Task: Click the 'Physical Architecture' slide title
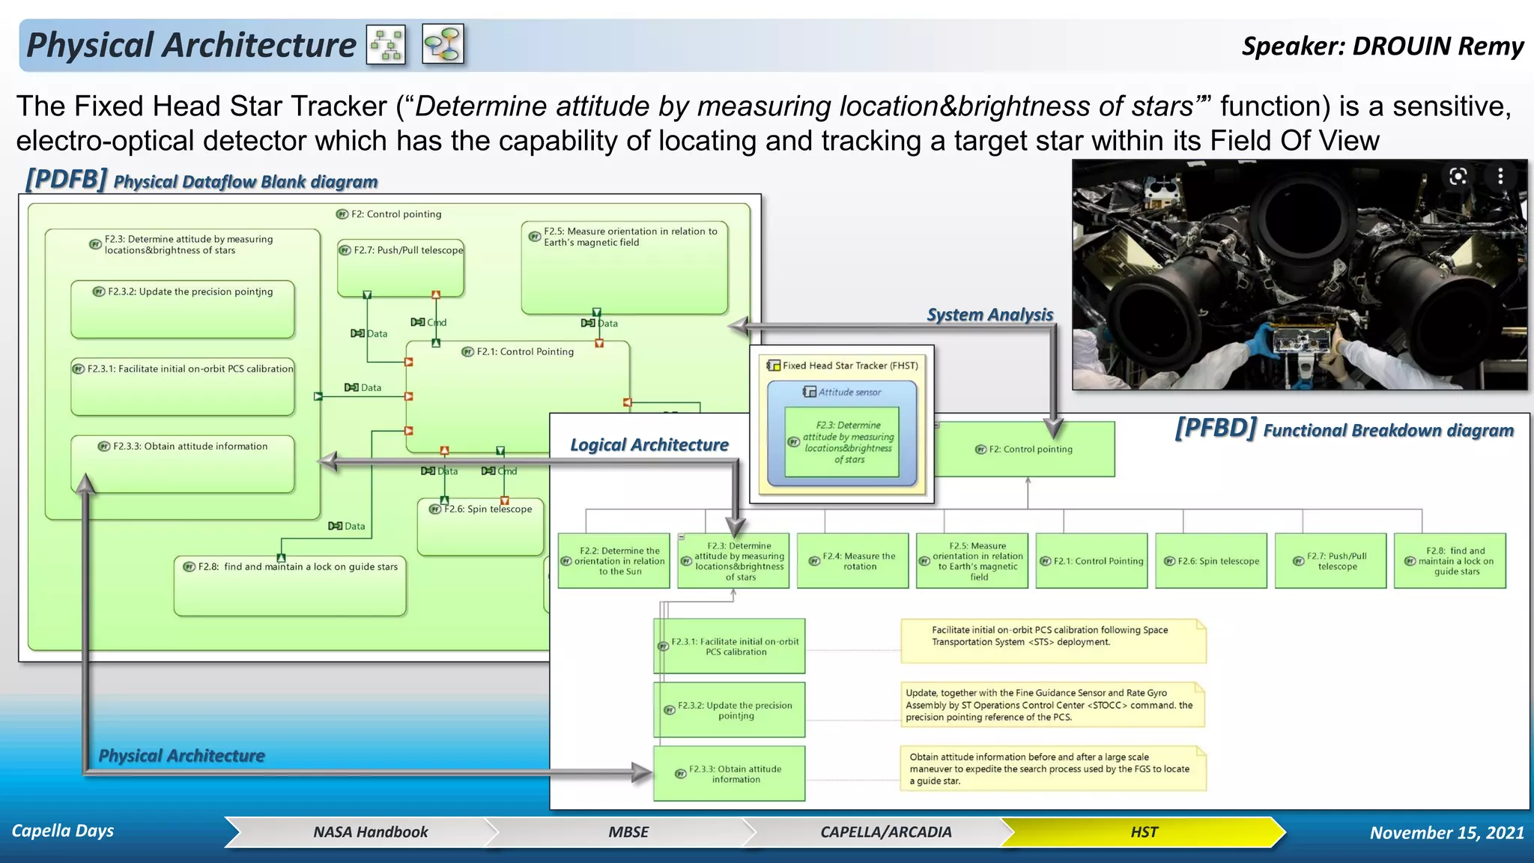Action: pos(191,45)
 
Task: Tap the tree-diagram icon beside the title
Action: pos(386,45)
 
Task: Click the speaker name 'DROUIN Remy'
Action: pos(1437,46)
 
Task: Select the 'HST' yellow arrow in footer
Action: pos(1143,832)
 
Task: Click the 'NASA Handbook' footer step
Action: pos(370,832)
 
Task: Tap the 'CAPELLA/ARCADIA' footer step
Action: pos(885,832)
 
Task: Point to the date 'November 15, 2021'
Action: pos(1446,832)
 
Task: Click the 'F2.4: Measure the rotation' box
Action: pos(852,561)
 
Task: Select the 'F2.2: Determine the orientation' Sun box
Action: pos(613,561)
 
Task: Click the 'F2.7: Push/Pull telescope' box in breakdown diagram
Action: pos(1330,561)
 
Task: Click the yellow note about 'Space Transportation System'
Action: pos(1052,641)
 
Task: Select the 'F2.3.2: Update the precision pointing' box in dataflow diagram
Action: pos(183,309)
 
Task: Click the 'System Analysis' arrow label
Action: pos(989,315)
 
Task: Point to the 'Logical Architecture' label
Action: pos(649,445)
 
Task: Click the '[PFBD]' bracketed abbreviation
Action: pos(1215,429)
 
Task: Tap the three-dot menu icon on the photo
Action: pos(1500,176)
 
